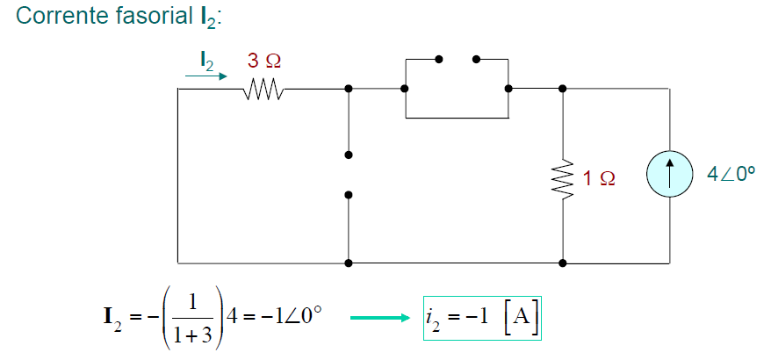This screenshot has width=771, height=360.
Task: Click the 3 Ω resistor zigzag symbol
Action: point(263,89)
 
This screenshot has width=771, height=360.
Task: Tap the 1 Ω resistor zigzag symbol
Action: point(562,178)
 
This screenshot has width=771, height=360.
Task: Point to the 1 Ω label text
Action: point(599,178)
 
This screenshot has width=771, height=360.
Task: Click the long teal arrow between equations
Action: point(380,319)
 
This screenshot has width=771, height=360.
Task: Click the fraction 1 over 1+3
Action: point(198,319)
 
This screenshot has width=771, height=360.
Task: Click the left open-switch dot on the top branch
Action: point(439,60)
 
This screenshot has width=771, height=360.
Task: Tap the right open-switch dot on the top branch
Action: point(476,60)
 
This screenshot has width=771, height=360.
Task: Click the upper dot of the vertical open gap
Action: point(349,155)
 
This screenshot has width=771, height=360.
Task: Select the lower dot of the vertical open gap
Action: point(349,195)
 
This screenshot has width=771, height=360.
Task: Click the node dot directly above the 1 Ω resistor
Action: point(562,89)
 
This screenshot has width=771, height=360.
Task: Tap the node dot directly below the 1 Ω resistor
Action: point(562,263)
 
